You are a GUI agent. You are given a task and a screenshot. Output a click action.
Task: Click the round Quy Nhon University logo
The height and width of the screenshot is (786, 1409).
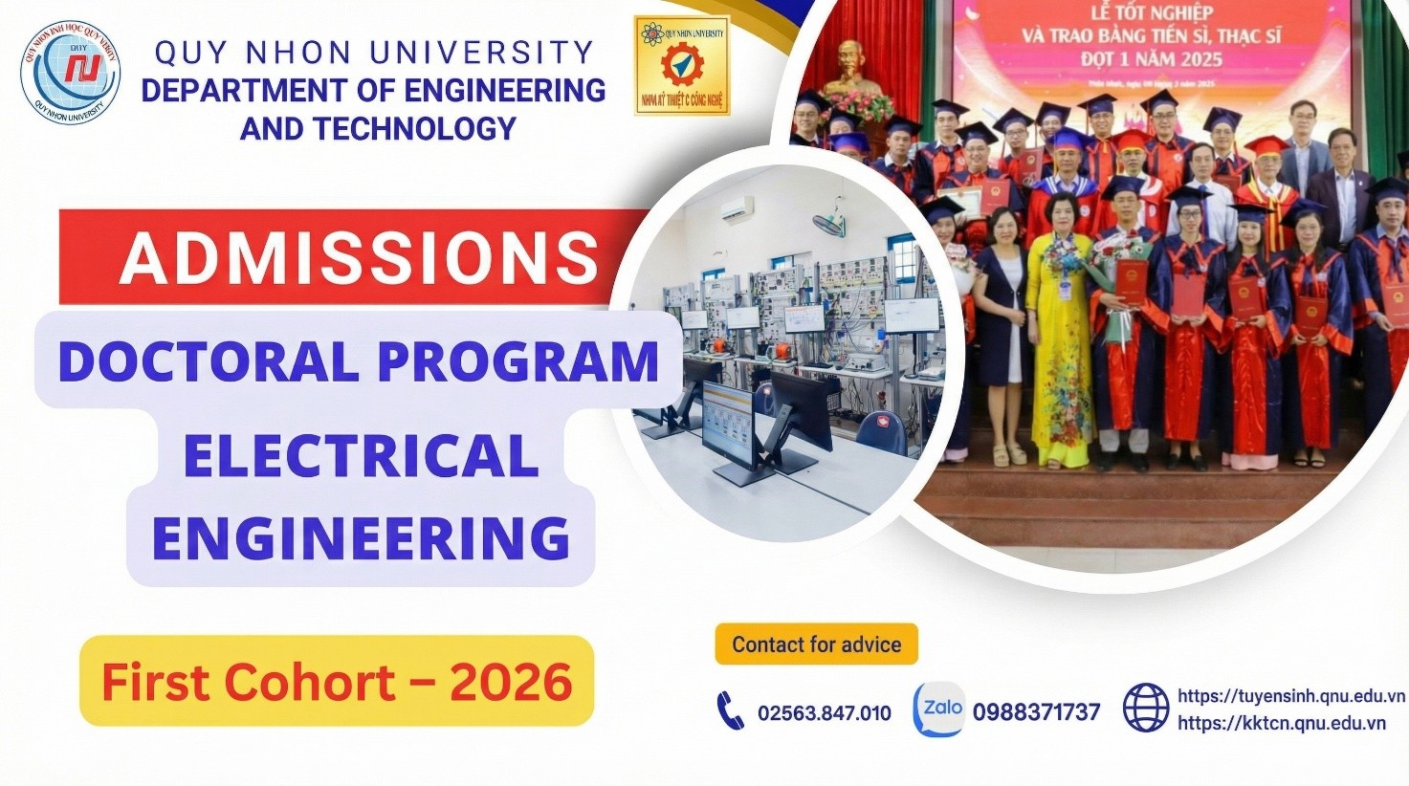coord(71,73)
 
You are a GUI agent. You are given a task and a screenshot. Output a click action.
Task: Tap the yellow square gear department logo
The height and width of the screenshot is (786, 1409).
coord(681,65)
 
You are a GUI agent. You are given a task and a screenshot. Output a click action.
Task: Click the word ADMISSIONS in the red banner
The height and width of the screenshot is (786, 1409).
coord(359,257)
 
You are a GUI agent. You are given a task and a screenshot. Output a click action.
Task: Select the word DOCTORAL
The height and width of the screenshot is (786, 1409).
coord(209,361)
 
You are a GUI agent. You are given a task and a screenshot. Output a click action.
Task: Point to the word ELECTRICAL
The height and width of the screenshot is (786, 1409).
coord(361,455)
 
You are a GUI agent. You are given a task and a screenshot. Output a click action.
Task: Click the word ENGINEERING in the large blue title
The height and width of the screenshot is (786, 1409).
coord(361,537)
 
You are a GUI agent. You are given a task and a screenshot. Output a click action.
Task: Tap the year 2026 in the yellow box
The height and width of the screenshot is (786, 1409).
coord(511,682)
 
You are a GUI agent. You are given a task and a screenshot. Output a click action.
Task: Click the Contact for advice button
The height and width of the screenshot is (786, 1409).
coord(816,644)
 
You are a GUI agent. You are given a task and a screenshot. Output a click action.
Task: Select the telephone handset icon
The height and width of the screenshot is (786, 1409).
coord(730,710)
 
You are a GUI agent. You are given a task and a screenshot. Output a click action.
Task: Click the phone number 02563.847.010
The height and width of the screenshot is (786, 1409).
coord(824,712)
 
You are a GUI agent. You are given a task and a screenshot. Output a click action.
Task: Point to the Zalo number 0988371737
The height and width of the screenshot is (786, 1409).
coord(1036,712)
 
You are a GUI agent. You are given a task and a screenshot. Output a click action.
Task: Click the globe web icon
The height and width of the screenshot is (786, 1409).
coord(1145,709)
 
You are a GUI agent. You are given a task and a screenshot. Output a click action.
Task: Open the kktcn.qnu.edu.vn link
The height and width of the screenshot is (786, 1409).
coord(1281,723)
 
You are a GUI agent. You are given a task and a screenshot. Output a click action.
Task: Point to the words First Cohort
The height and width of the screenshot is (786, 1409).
coord(248,682)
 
